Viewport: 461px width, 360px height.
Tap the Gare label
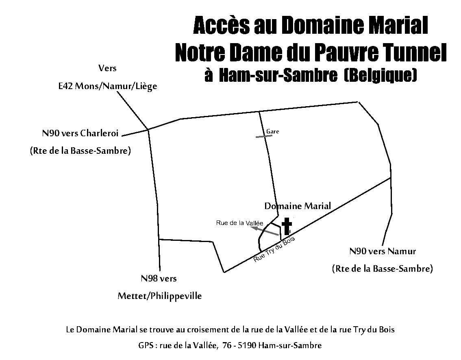coord(272,131)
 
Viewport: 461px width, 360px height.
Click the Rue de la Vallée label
coord(239,223)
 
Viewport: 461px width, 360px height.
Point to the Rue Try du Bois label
coord(274,249)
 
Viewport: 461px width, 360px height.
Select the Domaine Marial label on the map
coord(298,205)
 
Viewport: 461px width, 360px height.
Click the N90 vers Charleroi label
coord(80,133)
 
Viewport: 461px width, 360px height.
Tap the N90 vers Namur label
coord(383,251)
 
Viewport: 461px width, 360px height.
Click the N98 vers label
coord(159,278)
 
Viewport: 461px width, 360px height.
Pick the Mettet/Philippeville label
coord(160,296)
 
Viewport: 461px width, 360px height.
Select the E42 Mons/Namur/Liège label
coord(108,86)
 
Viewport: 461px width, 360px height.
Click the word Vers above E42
coord(107,68)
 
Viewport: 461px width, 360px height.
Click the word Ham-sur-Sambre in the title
coord(278,76)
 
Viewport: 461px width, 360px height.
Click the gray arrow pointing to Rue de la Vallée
coord(266,231)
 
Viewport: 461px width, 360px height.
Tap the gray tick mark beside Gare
coord(264,136)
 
